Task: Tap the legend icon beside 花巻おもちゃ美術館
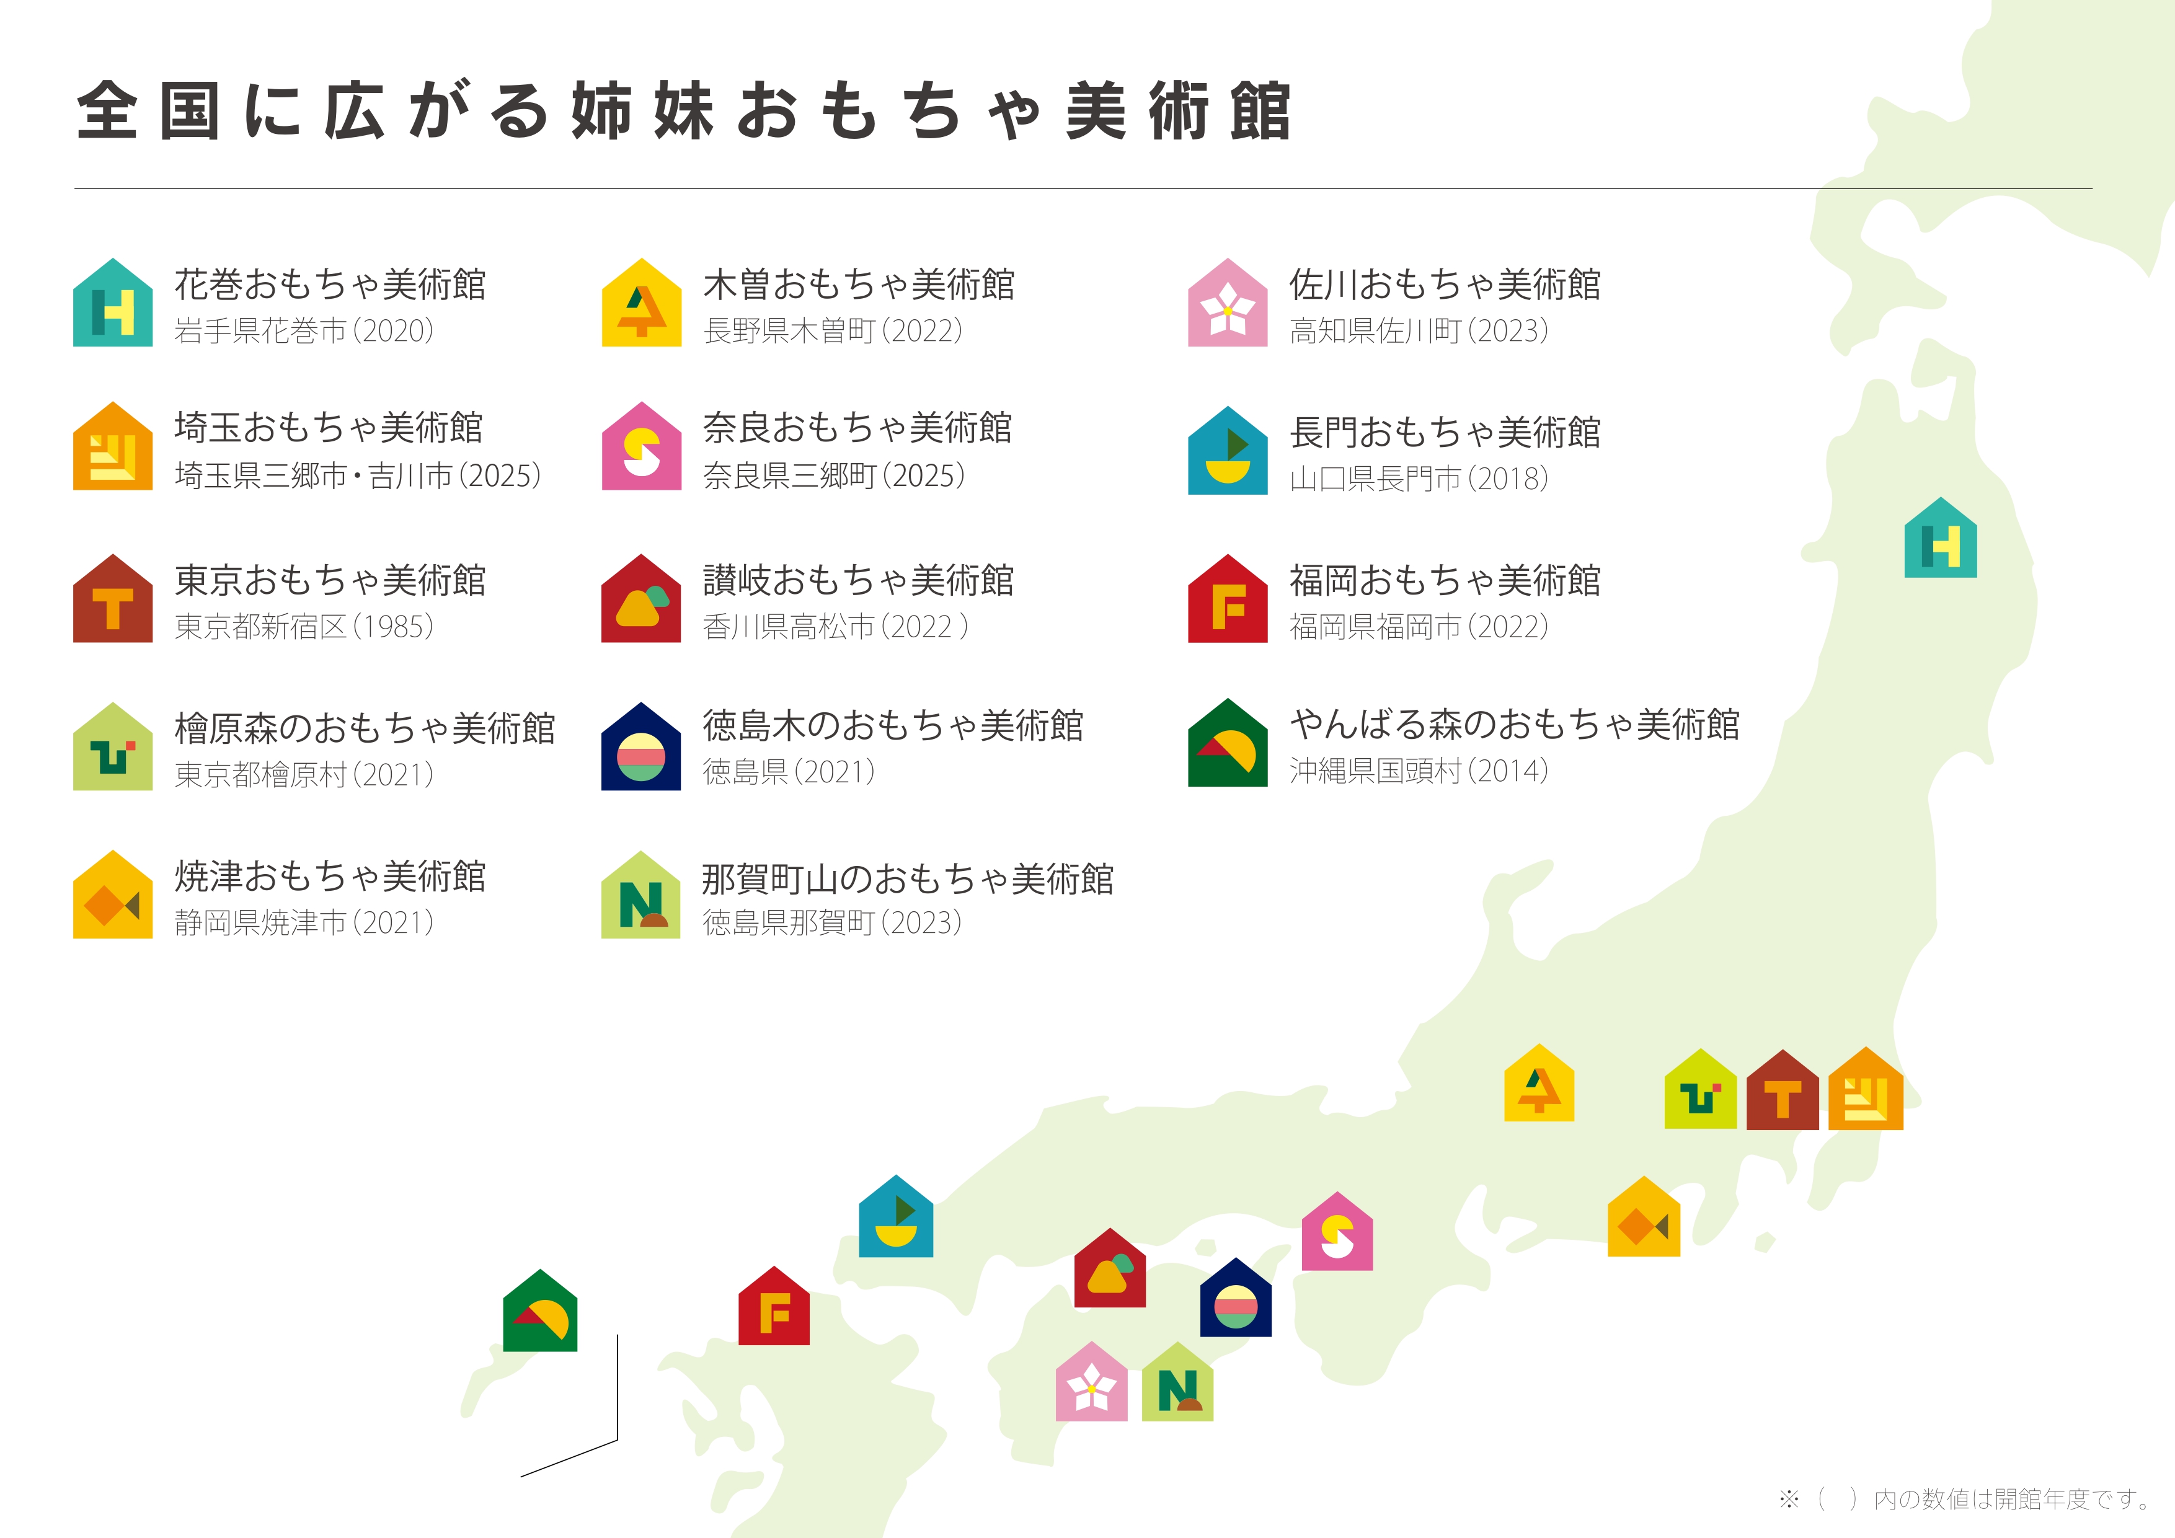(113, 304)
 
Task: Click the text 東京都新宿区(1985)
(304, 627)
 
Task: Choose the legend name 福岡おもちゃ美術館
(1445, 580)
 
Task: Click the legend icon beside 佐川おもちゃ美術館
(1228, 304)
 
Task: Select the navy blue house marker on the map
(1235, 1299)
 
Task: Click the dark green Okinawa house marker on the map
(540, 1312)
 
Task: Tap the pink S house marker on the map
(1337, 1233)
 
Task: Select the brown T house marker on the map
(1782, 1092)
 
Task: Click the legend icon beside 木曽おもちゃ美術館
(641, 304)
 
